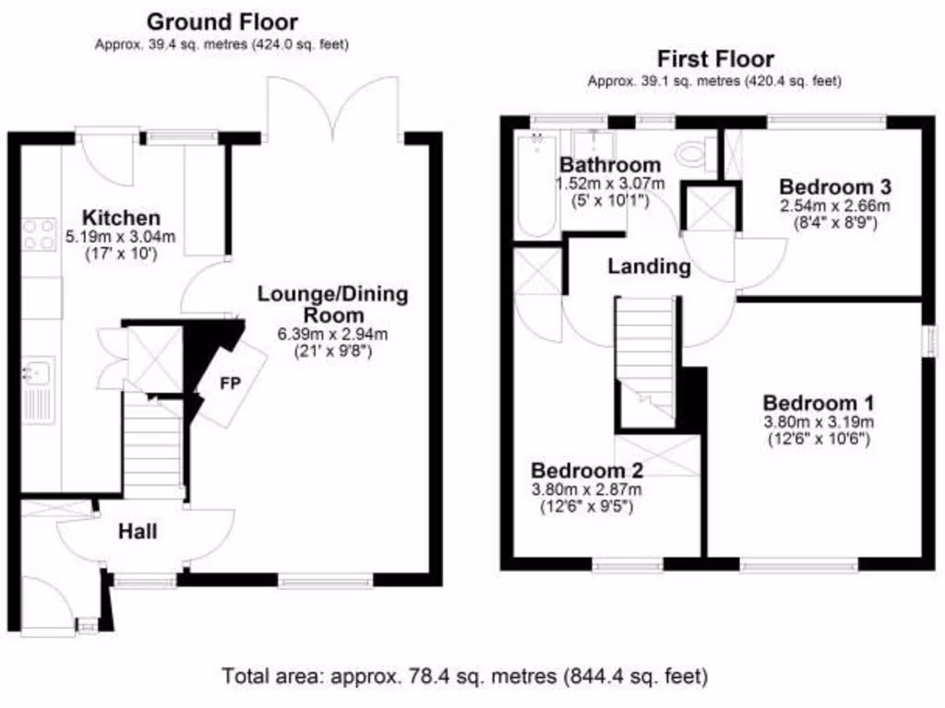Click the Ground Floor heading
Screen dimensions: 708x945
tap(221, 21)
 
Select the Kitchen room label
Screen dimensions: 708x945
tap(121, 218)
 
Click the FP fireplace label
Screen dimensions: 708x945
tap(227, 383)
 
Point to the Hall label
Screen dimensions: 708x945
tap(137, 532)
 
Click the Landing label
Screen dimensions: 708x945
tap(649, 267)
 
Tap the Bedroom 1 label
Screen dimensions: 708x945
tap(819, 403)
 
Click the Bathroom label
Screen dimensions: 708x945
tap(610, 166)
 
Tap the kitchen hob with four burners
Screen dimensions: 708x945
tap(40, 234)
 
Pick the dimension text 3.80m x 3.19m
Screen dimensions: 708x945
tap(819, 422)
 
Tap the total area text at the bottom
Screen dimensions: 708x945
tap(464, 677)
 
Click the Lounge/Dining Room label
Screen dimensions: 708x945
tap(332, 304)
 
